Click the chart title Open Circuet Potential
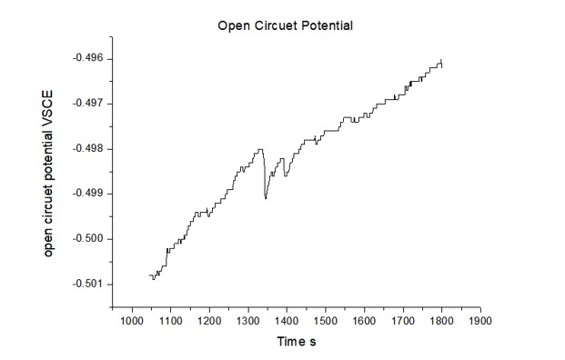(285, 25)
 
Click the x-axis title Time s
(297, 342)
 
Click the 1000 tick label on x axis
(131, 321)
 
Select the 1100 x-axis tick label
(170, 321)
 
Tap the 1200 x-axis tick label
(209, 321)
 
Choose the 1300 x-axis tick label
(247, 321)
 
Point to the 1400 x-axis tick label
(287, 321)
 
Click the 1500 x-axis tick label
(326, 321)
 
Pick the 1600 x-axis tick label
(364, 321)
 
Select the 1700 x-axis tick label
(403, 321)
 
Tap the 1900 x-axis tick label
(480, 321)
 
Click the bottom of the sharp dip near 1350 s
(265, 197)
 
